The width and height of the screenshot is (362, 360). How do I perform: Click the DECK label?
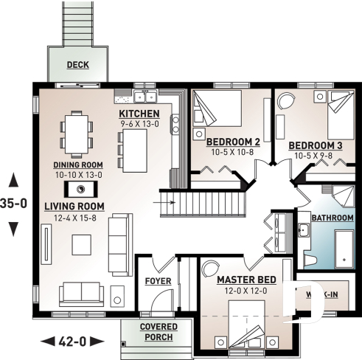pos(77,65)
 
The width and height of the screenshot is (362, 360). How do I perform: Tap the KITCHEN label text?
pos(139,114)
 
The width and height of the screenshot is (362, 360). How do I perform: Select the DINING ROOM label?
pos(77,165)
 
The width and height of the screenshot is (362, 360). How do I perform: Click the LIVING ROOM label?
pos(74,206)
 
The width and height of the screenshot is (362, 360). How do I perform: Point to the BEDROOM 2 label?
pos(232,142)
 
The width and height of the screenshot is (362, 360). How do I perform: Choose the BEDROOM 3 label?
pos(315,145)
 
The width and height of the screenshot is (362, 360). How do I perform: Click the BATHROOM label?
pos(332,219)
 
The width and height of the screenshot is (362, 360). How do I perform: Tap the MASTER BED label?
pos(246,280)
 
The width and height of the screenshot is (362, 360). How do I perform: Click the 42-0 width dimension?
pos(72,341)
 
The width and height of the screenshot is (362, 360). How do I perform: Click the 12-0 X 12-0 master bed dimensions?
pos(246,291)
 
